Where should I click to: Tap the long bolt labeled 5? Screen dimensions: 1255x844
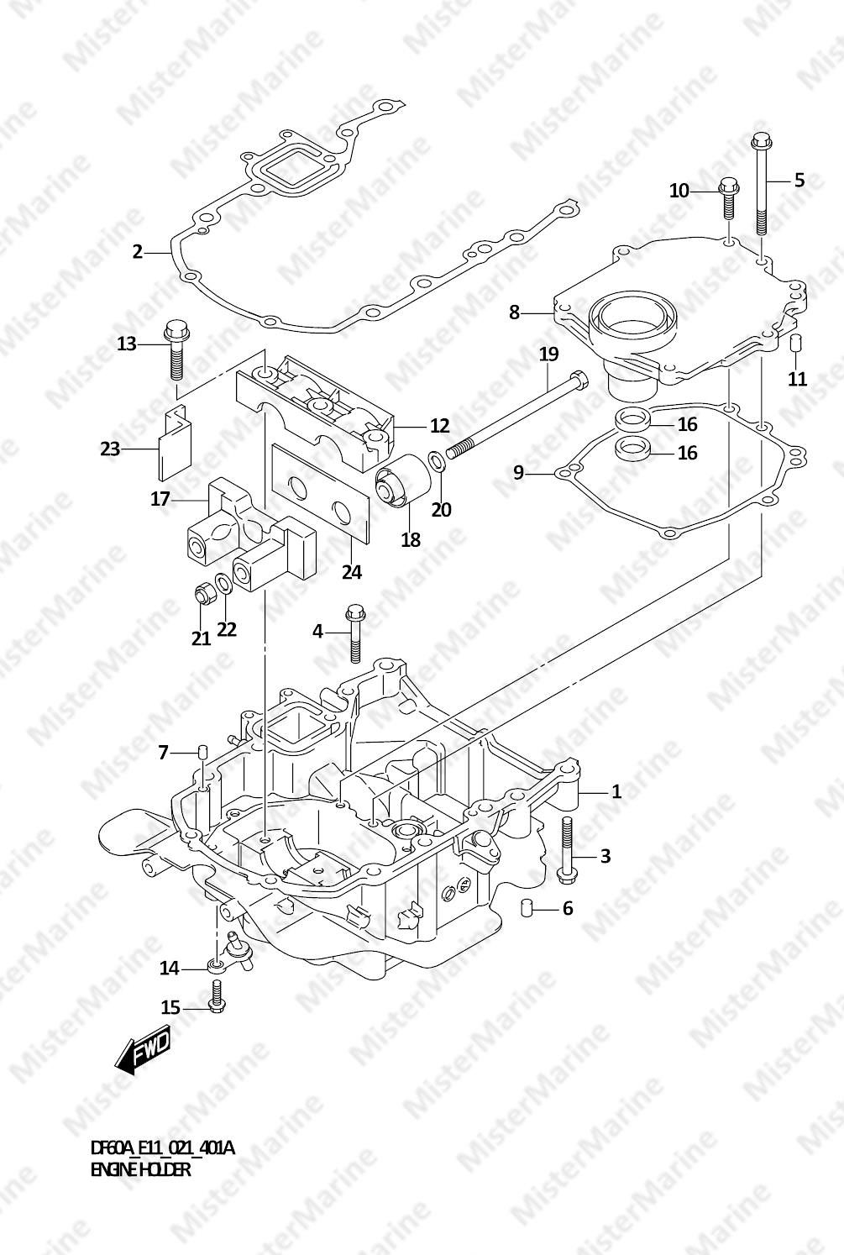(762, 185)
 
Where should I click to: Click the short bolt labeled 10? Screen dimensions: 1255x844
(728, 197)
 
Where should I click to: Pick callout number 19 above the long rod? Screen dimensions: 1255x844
(548, 354)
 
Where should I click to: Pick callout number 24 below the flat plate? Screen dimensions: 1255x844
(352, 572)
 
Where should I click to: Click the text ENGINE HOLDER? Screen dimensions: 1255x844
(140, 1169)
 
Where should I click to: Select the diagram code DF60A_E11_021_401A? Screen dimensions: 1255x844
(162, 1147)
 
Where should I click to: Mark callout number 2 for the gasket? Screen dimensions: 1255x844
(138, 251)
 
